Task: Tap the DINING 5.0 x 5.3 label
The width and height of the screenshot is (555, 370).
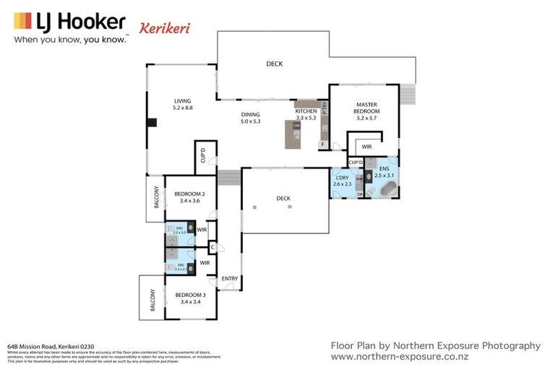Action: tap(250, 118)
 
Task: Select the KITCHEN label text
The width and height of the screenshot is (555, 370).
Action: tap(306, 113)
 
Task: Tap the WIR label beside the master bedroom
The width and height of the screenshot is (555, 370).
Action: tap(366, 147)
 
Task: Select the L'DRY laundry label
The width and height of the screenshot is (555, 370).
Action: tap(341, 181)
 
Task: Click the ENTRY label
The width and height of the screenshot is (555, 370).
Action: tap(230, 279)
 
